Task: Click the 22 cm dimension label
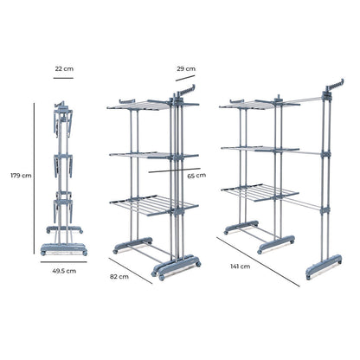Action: (62, 67)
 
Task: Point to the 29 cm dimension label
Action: (184, 67)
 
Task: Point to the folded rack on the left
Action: (62, 173)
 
